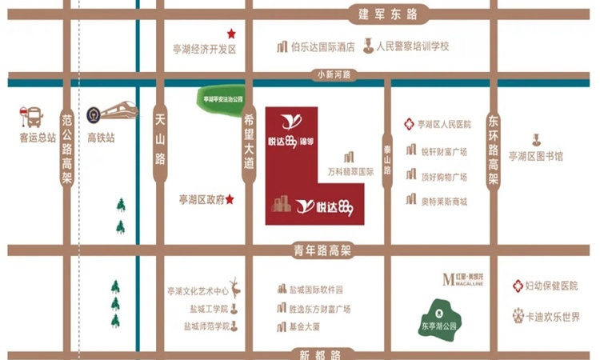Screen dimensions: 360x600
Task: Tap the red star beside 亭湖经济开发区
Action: coord(231,34)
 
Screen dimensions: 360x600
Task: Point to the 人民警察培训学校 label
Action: coord(411,47)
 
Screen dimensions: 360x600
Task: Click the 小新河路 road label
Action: coord(335,75)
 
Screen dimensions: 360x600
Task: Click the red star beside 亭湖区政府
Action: coord(230,199)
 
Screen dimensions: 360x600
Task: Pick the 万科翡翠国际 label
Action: coord(351,170)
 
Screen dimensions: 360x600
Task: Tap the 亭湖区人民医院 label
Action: coord(444,125)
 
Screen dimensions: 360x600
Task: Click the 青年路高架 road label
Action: coord(319,250)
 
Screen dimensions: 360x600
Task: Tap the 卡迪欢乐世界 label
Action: coord(553,316)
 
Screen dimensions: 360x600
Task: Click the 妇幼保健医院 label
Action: coord(551,286)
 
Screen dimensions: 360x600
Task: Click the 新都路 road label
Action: coord(319,353)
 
